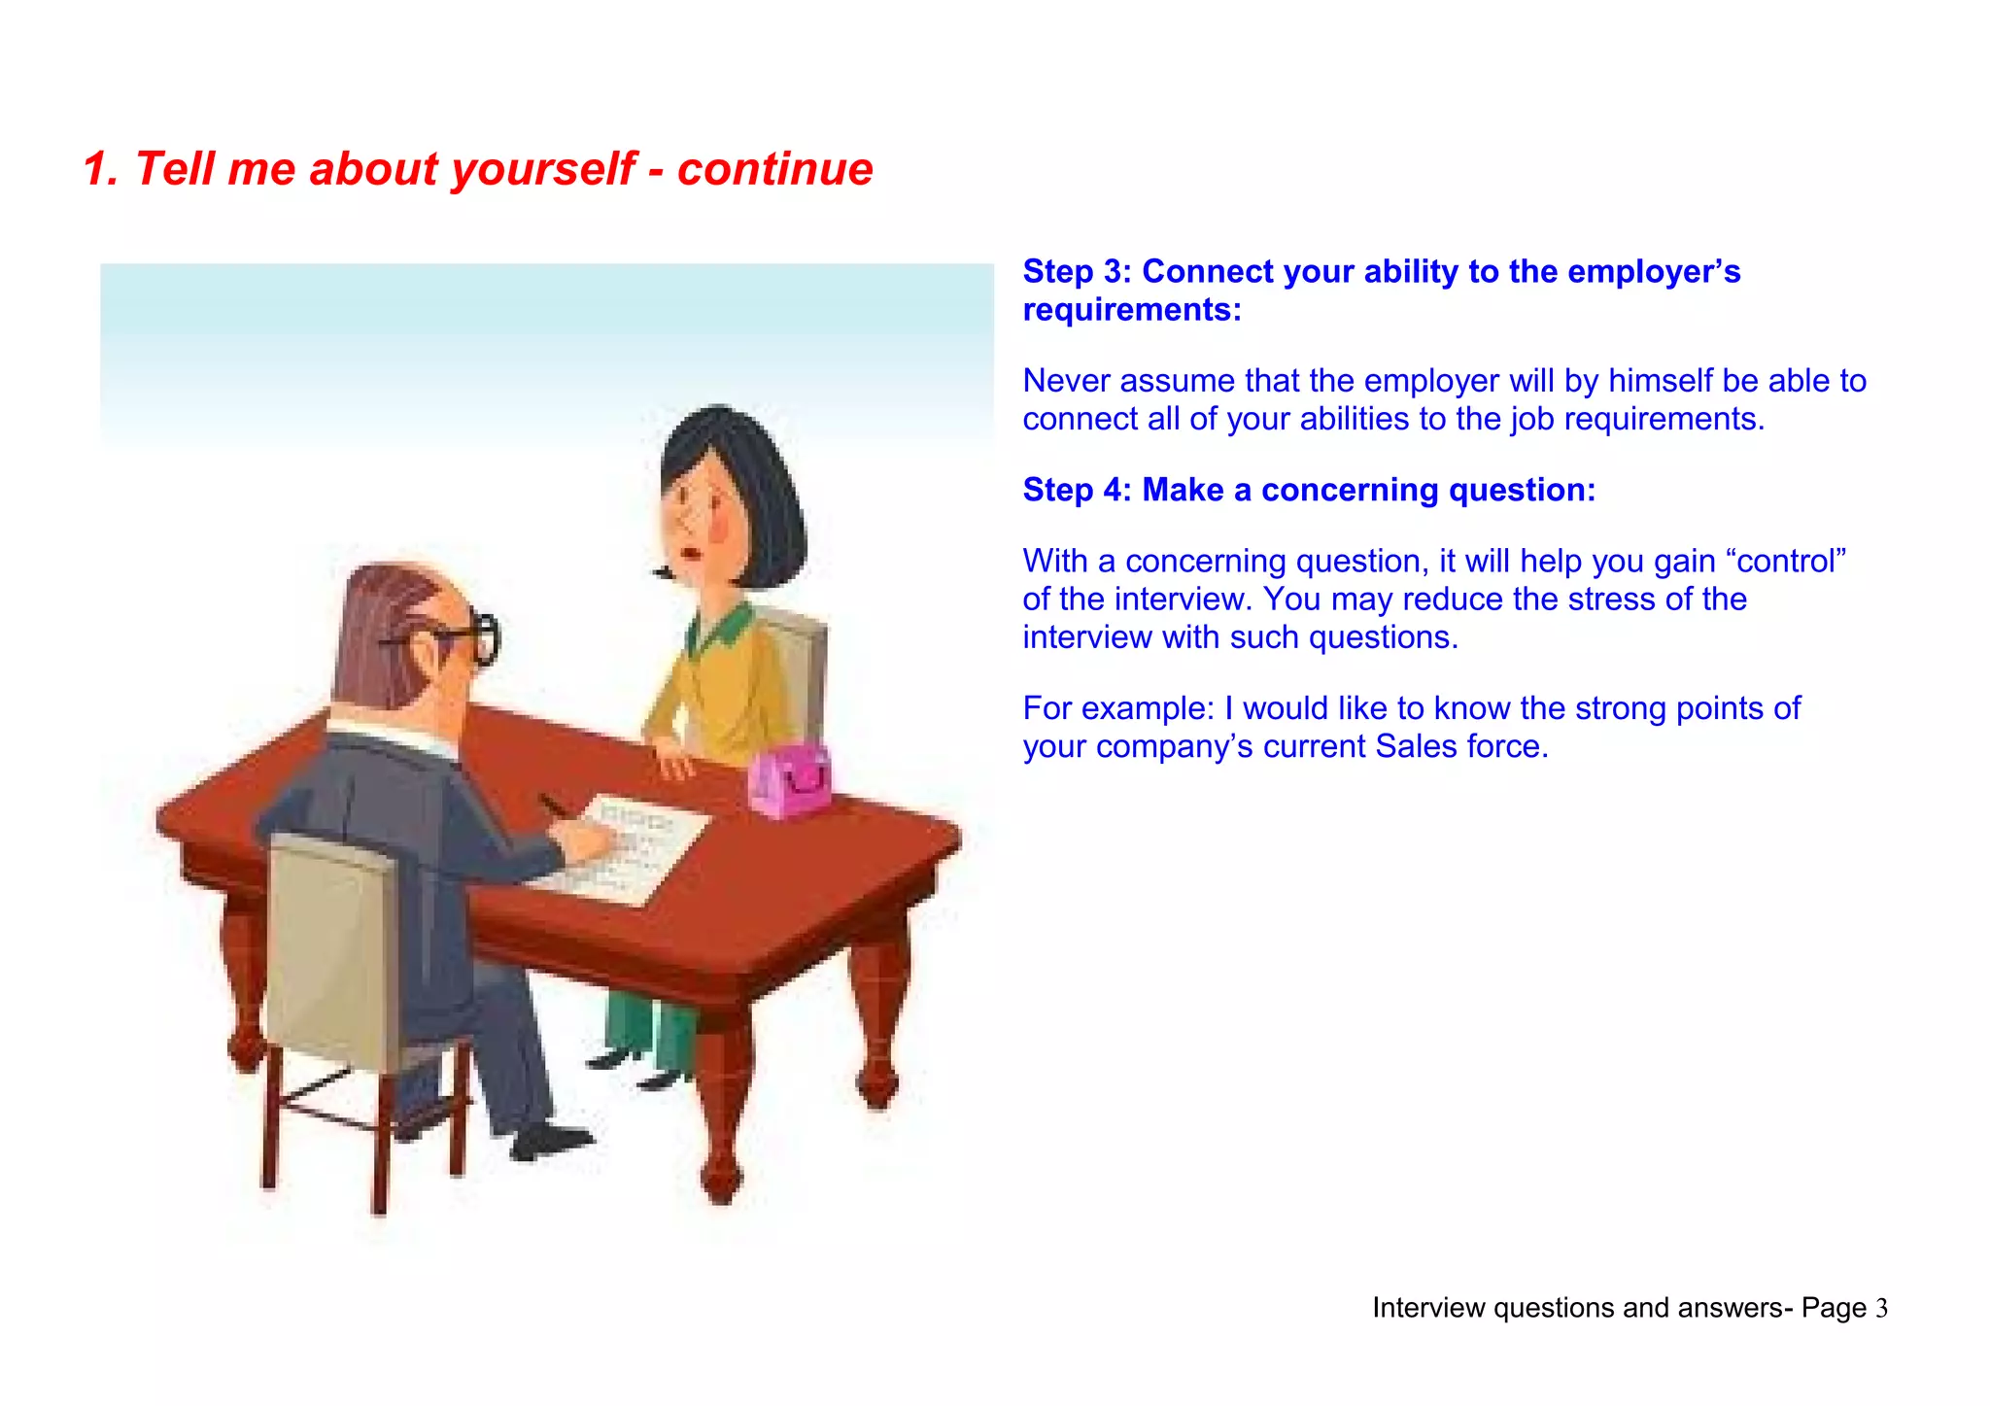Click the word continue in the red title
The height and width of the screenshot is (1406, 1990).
(x=774, y=169)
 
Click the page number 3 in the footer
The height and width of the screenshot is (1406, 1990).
(x=1881, y=1309)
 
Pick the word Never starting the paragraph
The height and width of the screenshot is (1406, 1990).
(x=1067, y=381)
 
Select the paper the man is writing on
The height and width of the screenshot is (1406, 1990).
(x=632, y=845)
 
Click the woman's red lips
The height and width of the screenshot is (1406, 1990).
(x=692, y=555)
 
